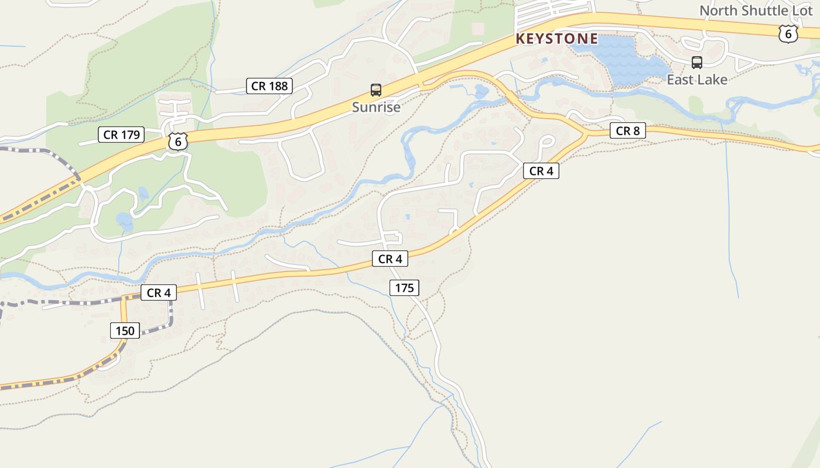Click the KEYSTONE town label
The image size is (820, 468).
pos(557,39)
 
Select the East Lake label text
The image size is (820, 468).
pos(697,80)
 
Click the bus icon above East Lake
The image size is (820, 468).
pos(697,63)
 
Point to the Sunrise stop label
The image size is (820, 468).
pos(376,107)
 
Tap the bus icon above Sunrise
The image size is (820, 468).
pos(376,90)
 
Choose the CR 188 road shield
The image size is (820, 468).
pos(269,86)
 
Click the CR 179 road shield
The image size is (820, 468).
pos(121,135)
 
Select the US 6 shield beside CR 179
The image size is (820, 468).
pos(178,141)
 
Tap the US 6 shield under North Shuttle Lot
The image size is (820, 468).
pos(788,34)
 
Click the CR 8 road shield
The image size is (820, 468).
pos(628,131)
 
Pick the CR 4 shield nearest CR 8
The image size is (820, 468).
pos(541,171)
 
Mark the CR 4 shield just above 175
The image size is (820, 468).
pos(390,259)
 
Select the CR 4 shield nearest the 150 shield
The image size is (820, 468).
pos(158,292)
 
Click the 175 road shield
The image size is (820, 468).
pos(404,287)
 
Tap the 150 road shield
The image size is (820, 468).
pos(125,331)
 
